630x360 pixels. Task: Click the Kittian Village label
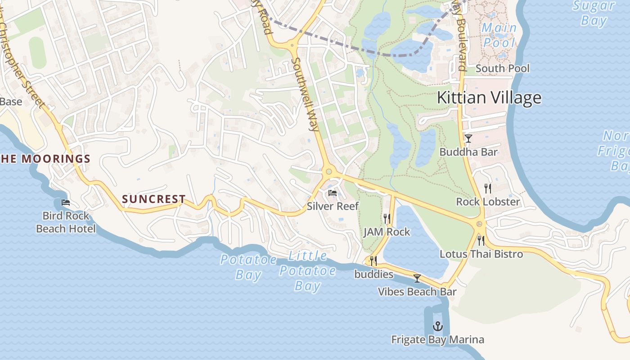click(489, 98)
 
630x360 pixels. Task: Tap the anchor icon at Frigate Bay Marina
click(437, 326)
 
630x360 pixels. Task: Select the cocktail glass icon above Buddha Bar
click(468, 139)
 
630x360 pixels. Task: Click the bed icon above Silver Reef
click(333, 193)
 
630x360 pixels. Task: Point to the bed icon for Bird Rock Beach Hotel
click(66, 203)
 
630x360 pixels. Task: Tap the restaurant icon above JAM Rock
click(387, 219)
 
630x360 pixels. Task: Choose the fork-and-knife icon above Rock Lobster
click(488, 188)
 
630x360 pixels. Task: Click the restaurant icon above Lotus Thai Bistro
click(481, 241)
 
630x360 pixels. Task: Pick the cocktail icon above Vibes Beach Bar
click(417, 279)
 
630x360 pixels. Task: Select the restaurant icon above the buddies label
click(373, 261)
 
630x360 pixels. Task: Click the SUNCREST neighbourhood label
click(154, 199)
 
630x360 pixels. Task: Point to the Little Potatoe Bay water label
click(308, 271)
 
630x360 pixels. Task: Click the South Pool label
click(502, 68)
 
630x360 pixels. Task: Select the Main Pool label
click(499, 35)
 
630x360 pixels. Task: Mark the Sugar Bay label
click(594, 13)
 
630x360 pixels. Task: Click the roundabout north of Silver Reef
click(329, 171)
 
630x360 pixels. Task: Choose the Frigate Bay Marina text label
click(437, 340)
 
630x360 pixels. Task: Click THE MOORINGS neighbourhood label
click(45, 159)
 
